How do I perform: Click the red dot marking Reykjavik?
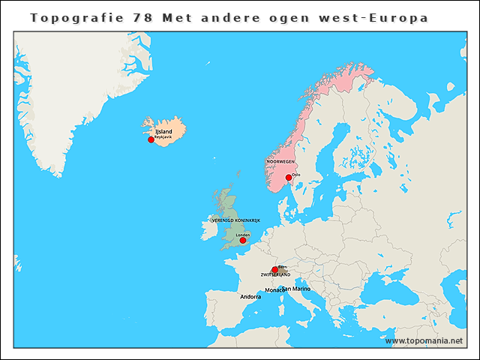[151, 139]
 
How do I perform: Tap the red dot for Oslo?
[289, 178]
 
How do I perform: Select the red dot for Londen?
[242, 240]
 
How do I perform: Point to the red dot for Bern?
[274, 270]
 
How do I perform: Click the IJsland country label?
[163, 132]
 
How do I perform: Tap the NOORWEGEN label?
[280, 161]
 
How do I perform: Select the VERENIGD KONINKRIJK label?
[235, 220]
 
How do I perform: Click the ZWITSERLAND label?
[275, 275]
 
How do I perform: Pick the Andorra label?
[250, 297]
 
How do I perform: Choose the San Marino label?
[296, 289]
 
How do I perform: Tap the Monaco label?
[274, 289]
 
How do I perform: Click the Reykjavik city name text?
[163, 139]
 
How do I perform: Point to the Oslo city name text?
[296, 175]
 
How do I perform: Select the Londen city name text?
[242, 234]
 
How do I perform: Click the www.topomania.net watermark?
[424, 340]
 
